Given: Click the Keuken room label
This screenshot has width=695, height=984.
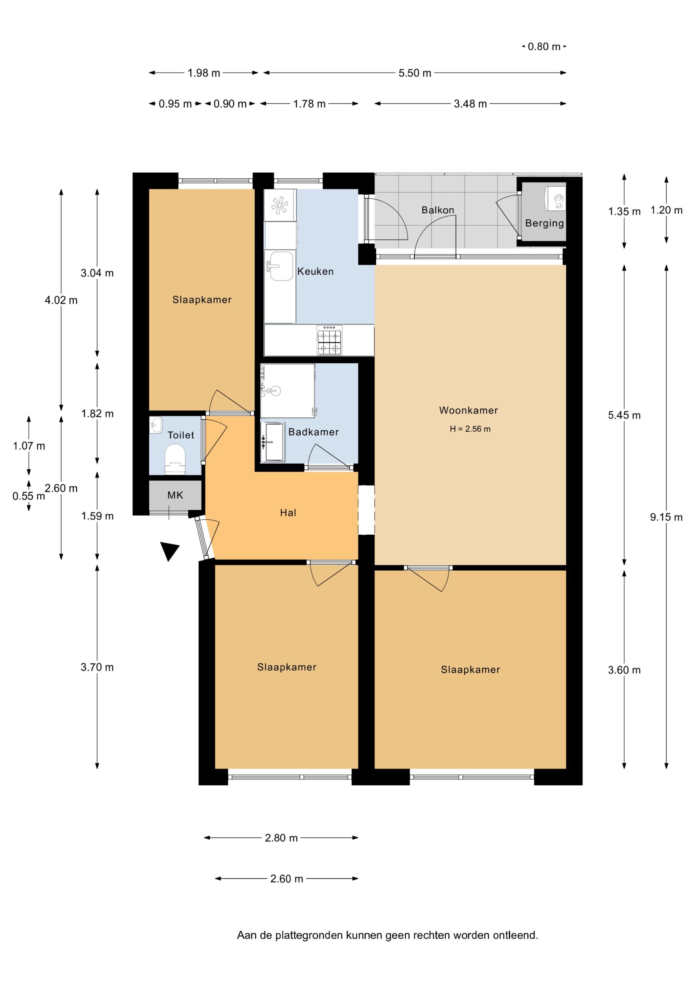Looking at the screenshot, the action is click(315, 271).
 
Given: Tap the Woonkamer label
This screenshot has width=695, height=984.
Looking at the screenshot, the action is click(468, 410).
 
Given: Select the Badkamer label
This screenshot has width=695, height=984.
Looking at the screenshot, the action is click(313, 432).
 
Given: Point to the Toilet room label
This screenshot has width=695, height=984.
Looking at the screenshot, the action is click(181, 435).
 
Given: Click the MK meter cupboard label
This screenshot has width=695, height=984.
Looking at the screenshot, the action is click(175, 495).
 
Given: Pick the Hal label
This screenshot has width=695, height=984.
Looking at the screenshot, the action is click(288, 513).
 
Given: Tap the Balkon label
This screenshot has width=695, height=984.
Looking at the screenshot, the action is click(438, 210).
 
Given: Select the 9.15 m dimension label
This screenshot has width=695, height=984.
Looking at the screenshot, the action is click(666, 517).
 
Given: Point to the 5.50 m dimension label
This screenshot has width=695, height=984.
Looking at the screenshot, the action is click(415, 73).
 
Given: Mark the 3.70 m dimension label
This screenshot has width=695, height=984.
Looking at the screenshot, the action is click(97, 667).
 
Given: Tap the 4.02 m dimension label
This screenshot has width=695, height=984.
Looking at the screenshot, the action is click(61, 301).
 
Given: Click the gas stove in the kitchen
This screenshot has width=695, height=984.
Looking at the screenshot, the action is click(329, 340).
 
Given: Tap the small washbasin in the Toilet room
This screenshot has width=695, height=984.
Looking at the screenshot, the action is click(156, 425).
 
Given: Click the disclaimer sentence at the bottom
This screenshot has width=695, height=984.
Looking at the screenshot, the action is click(387, 935).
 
